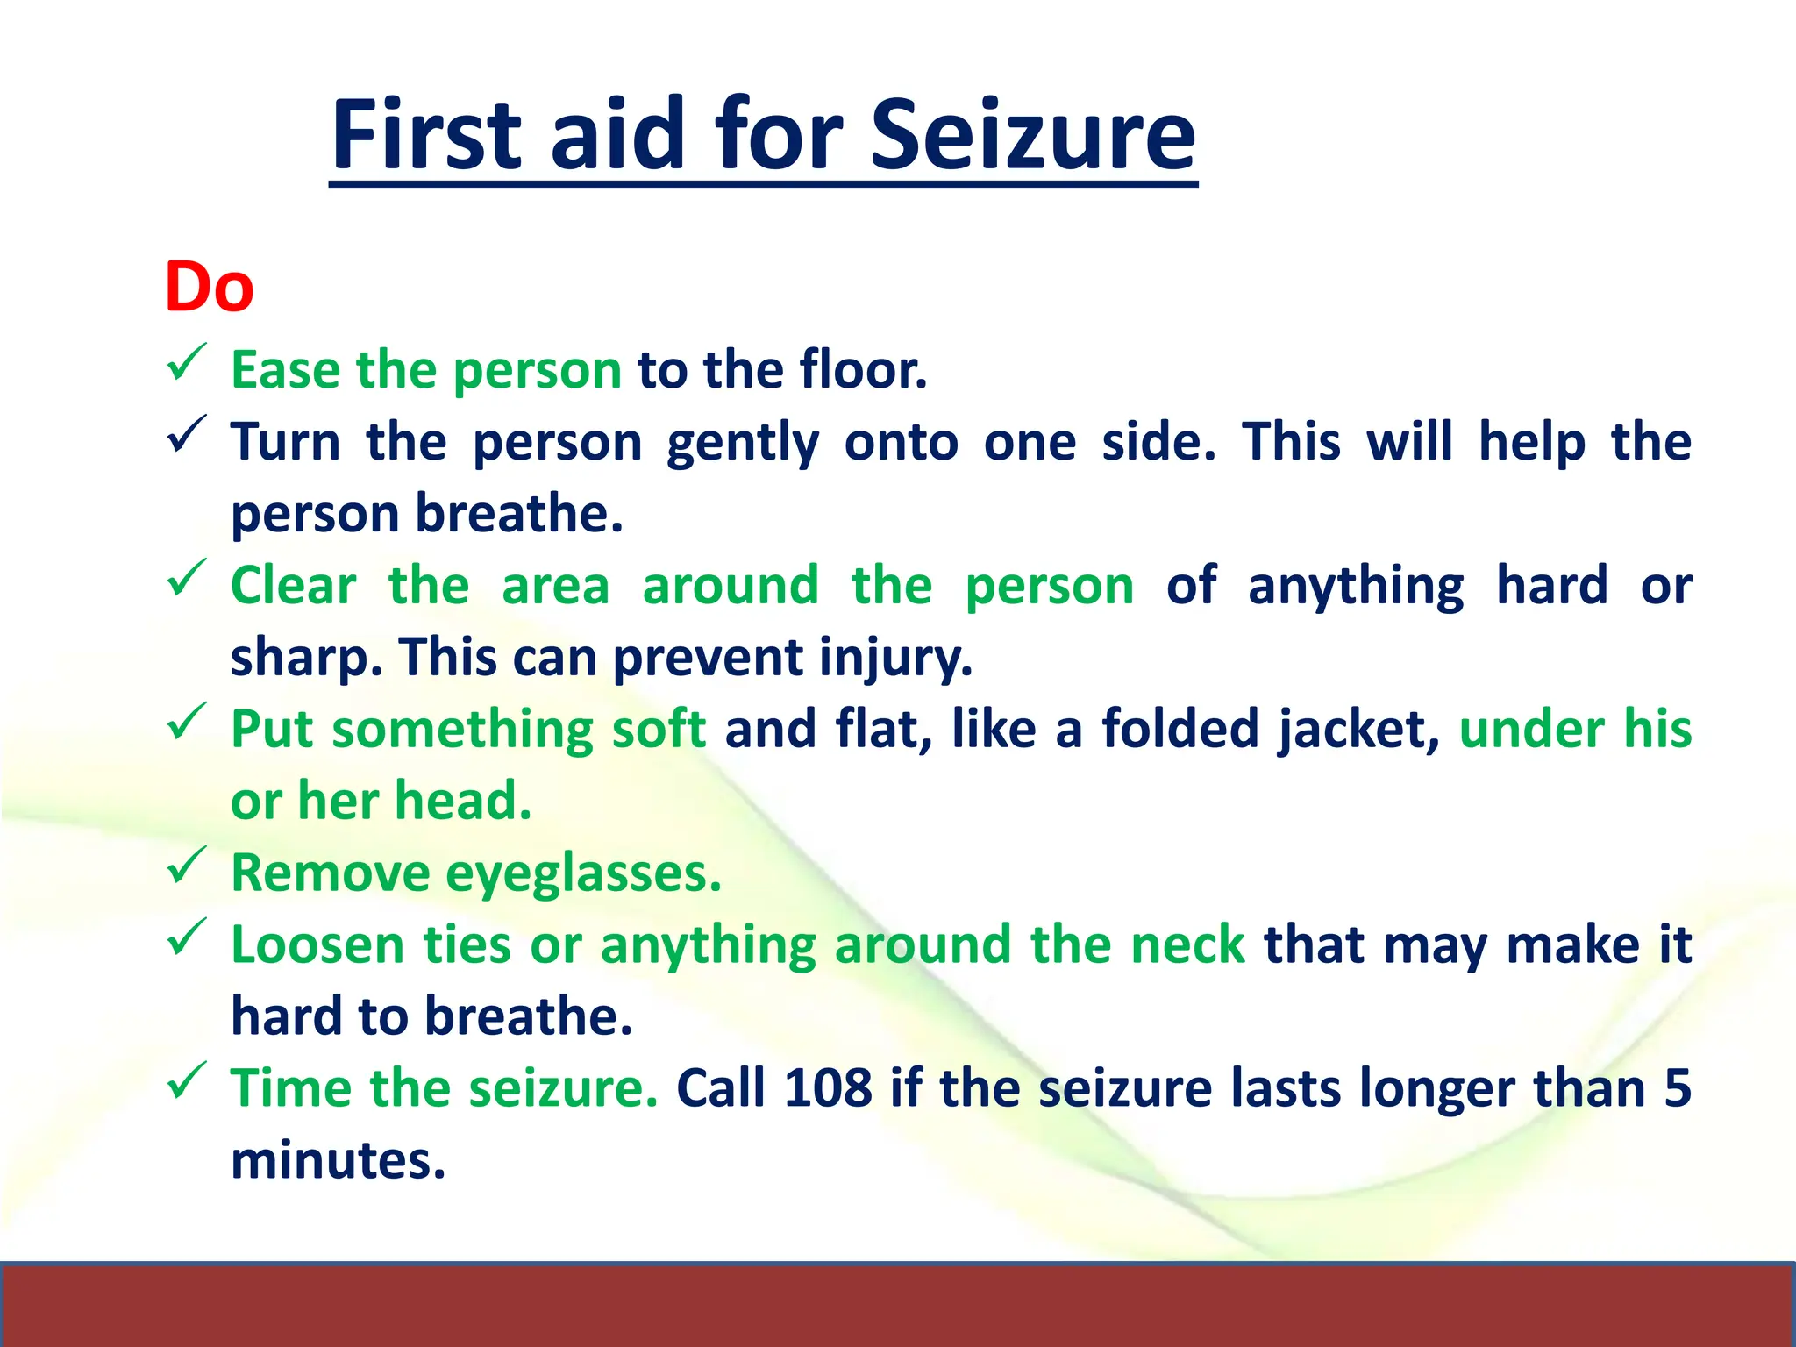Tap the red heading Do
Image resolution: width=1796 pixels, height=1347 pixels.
tap(209, 288)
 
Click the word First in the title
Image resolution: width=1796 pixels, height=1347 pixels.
tap(426, 136)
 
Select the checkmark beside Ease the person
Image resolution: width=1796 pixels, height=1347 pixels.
tap(186, 362)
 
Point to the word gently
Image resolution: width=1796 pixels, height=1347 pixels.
tap(743, 443)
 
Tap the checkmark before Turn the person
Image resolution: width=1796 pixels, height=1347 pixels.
tap(186, 434)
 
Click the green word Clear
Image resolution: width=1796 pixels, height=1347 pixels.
tap(293, 585)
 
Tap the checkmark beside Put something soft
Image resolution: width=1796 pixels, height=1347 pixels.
tap(186, 722)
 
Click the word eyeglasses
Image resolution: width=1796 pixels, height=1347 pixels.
tap(582, 874)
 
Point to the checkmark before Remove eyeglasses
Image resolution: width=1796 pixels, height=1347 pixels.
tap(186, 866)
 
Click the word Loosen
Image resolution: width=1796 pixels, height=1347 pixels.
tap(317, 945)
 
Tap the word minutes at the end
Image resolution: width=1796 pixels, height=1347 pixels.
tap(339, 1160)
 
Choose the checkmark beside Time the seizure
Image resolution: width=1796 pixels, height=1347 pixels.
tap(186, 1081)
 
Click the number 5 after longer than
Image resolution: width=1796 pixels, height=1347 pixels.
tap(1677, 1088)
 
